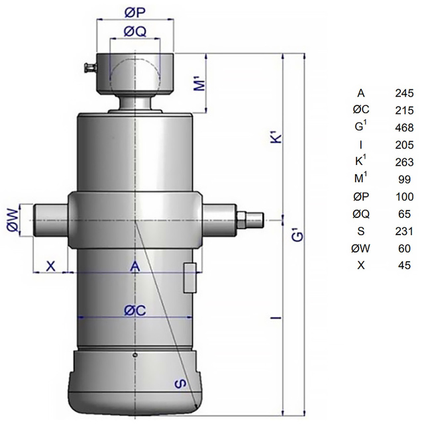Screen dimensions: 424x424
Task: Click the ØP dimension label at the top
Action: coord(135,13)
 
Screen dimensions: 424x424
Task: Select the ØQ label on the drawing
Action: coord(135,32)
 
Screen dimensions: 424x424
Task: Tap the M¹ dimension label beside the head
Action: coord(201,84)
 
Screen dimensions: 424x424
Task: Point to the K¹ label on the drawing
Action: coord(276,138)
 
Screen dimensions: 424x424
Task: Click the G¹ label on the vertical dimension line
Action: coord(297,236)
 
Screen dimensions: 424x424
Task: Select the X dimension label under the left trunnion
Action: coord(50,266)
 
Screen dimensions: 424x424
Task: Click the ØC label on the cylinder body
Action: coord(135,311)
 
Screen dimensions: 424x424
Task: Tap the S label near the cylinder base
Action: coord(180,384)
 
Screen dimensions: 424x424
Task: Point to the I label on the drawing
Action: coord(276,317)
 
